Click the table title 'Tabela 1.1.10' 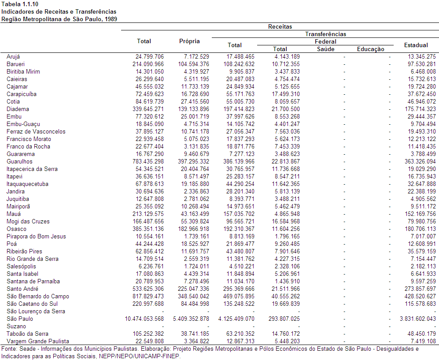[20, 4]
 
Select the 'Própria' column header [189, 41]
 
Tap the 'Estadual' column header [416, 45]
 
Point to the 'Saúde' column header [325, 49]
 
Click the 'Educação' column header [370, 49]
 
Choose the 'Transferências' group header [325, 34]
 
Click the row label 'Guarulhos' [20, 162]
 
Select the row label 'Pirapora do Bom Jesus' [37, 237]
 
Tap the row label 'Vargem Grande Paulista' [38, 341]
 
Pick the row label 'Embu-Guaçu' [23, 124]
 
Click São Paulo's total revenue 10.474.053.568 [144, 319]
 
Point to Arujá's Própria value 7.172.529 [196, 56]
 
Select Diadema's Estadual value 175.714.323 [420, 109]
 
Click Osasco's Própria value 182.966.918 [193, 229]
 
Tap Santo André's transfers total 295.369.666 [239, 289]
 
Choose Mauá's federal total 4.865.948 [287, 214]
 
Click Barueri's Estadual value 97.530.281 [422, 64]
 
